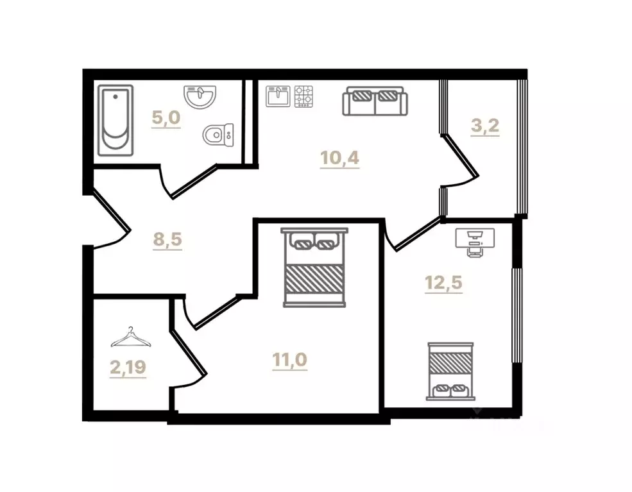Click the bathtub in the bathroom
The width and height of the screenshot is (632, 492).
(x=116, y=121)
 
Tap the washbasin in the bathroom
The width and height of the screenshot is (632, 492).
(x=200, y=98)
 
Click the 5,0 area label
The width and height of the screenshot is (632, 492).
(x=166, y=119)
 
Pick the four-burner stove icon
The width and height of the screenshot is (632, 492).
(x=303, y=96)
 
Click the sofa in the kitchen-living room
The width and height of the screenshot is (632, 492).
(x=375, y=101)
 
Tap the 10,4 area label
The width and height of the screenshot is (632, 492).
(x=340, y=157)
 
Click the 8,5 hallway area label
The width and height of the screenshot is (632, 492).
(x=168, y=240)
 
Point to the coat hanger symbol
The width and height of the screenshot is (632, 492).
(x=131, y=337)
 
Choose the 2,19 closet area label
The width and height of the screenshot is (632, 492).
(x=128, y=368)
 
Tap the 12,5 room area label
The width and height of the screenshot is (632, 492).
(x=443, y=282)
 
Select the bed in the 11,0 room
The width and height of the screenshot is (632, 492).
(x=314, y=267)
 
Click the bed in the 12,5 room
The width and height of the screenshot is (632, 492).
(x=450, y=371)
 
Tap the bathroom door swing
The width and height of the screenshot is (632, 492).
(x=192, y=180)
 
